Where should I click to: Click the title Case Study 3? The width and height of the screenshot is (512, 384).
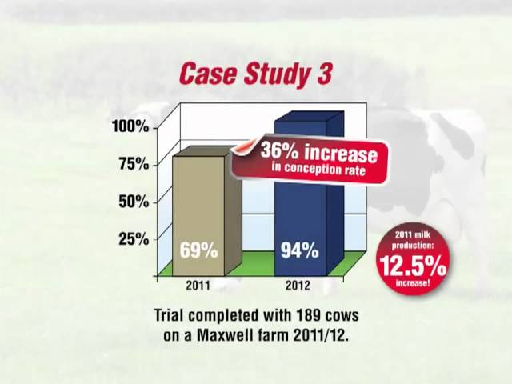(256, 74)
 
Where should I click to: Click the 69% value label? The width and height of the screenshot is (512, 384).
(198, 250)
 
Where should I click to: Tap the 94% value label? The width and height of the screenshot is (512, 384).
(300, 250)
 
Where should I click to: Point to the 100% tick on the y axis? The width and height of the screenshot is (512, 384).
(130, 126)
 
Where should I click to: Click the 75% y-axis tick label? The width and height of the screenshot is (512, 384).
(134, 164)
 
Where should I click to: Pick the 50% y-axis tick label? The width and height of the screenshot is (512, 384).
(134, 202)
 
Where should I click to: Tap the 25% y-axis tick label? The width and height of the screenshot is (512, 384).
(134, 239)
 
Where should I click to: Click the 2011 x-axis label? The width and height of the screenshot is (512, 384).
(198, 286)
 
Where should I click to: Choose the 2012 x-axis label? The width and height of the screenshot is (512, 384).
(298, 286)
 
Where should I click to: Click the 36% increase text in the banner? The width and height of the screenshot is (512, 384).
(318, 153)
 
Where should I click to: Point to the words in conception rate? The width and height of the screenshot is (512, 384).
(318, 169)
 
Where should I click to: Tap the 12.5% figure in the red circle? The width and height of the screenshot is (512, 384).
(413, 265)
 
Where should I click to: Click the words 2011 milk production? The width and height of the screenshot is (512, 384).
(413, 240)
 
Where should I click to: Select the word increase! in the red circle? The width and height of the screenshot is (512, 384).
(413, 282)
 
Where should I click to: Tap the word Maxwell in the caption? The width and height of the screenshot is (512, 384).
(224, 336)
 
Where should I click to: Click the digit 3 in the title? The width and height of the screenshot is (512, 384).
(324, 74)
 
